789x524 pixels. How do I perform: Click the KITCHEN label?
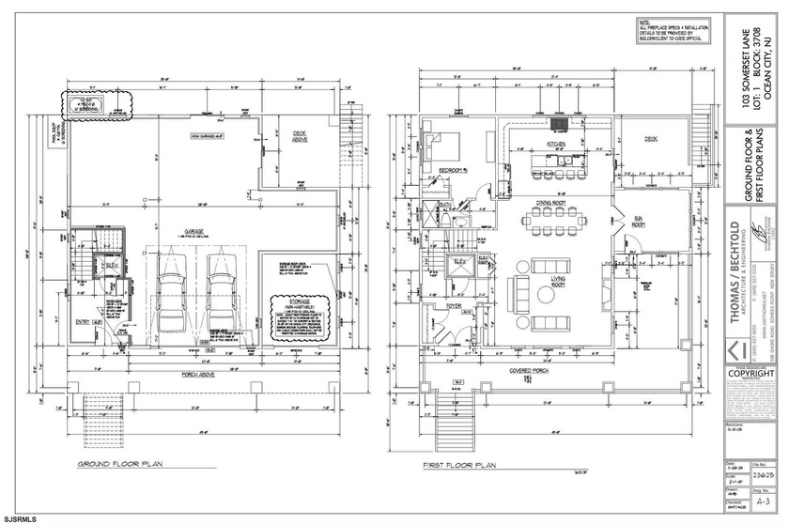[x=548, y=144]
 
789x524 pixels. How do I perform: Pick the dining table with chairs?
[x=543, y=221]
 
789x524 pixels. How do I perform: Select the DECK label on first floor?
[x=650, y=139]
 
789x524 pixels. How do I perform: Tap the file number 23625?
[x=763, y=476]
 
